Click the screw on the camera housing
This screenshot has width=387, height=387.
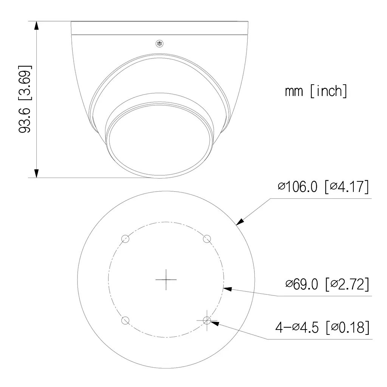pyautogui.click(x=159, y=44)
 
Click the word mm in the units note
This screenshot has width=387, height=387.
pyautogui.click(x=294, y=91)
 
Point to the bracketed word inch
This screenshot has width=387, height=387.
pyautogui.click(x=328, y=91)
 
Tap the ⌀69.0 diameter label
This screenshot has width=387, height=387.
pyautogui.click(x=303, y=284)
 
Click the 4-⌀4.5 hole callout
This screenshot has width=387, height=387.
pyautogui.click(x=299, y=328)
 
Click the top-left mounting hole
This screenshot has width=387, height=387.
pyautogui.click(x=125, y=239)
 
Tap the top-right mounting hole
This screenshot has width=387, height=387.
pyautogui.click(x=207, y=239)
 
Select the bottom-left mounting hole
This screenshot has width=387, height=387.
pyautogui.click(x=125, y=320)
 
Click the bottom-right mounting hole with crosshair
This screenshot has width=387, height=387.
pyautogui.click(x=207, y=320)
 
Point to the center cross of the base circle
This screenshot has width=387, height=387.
pyautogui.click(x=166, y=280)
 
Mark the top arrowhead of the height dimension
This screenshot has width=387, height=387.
pyautogui.click(x=36, y=26)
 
